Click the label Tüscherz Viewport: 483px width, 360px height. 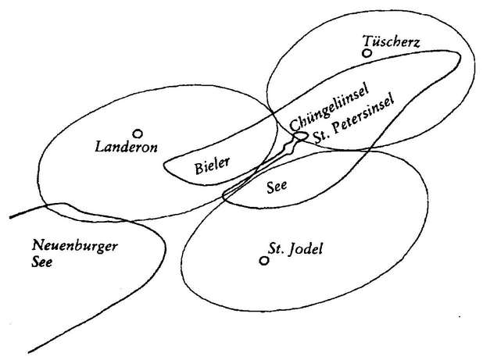point(392,41)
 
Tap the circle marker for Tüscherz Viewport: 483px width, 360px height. point(366,53)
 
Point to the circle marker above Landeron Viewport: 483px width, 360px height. point(138,133)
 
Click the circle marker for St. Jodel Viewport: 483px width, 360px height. point(264,260)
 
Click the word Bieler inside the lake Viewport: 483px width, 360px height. point(211,166)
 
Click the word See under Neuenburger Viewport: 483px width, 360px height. point(42,263)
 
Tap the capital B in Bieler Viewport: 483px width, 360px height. point(198,166)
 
